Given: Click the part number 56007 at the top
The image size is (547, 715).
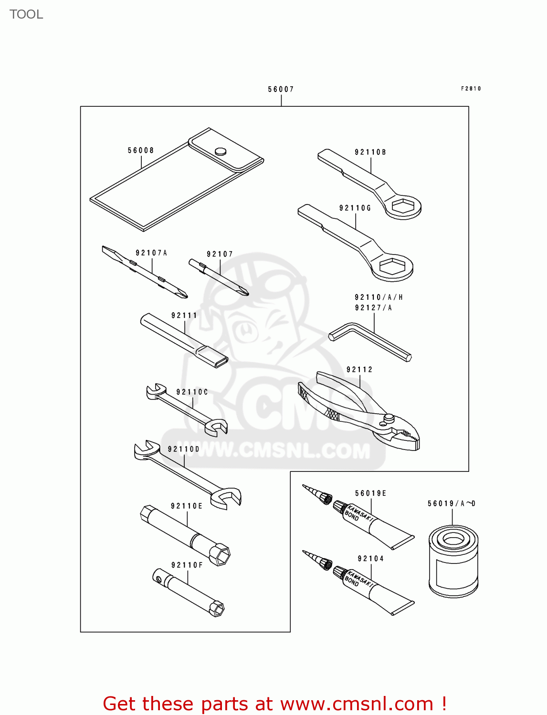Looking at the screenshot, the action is click(x=281, y=89).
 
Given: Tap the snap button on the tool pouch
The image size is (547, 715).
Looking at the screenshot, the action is click(x=220, y=151).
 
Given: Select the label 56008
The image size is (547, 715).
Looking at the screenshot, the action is click(x=141, y=150).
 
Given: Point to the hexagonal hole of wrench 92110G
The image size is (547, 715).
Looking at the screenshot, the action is click(x=395, y=267).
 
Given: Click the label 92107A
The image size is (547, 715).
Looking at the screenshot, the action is click(x=151, y=253).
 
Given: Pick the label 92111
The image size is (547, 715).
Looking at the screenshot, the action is click(x=184, y=315).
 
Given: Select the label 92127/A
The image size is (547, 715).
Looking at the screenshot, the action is click(x=373, y=307).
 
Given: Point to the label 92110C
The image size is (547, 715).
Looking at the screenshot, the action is click(x=192, y=392).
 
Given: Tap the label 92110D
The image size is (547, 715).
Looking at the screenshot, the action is click(x=183, y=449).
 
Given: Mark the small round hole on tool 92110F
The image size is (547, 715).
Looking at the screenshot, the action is click(x=158, y=579).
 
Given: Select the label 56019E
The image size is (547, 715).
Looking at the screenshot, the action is click(x=370, y=493).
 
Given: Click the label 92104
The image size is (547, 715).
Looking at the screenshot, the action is click(x=370, y=559).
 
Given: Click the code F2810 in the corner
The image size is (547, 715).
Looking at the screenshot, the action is click(x=471, y=89).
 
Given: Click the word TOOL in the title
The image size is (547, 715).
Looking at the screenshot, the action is click(x=26, y=14).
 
